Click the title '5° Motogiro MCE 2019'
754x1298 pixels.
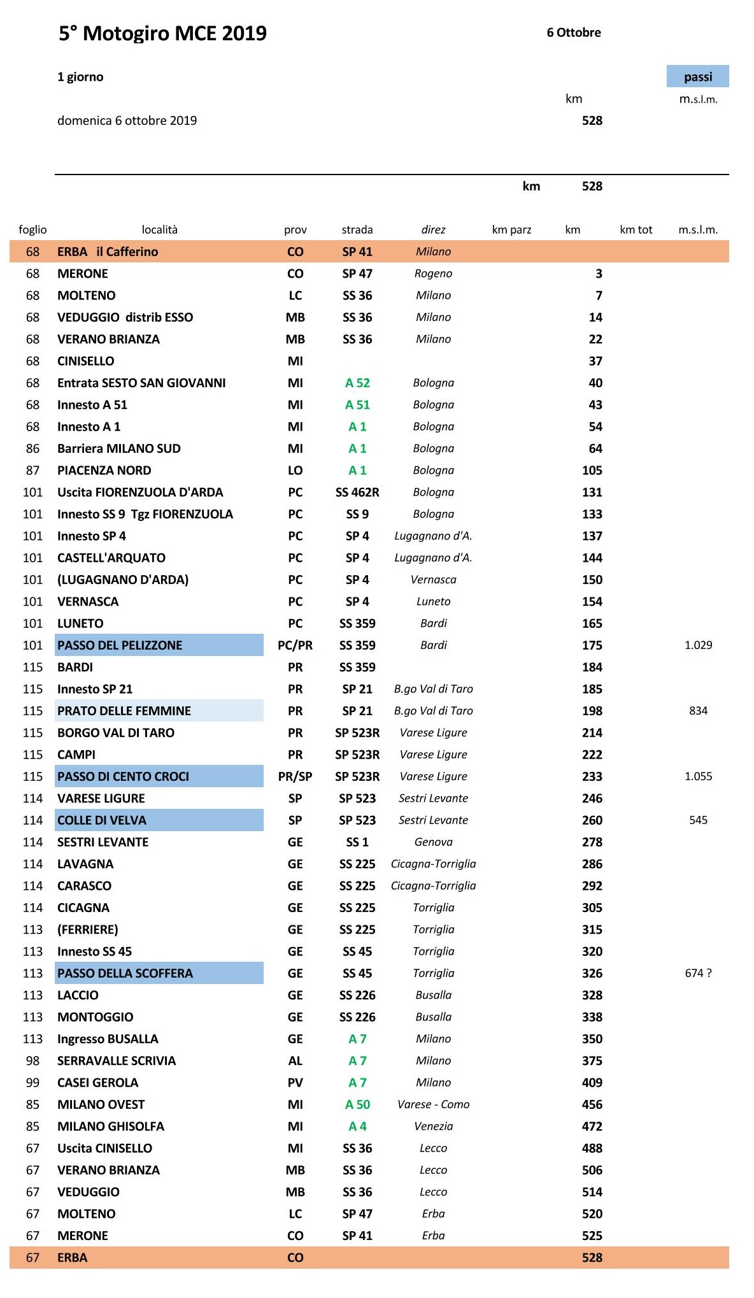[162, 33]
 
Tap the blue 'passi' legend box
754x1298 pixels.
[697, 76]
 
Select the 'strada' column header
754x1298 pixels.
[357, 230]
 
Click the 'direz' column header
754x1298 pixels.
[433, 230]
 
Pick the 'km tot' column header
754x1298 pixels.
[636, 230]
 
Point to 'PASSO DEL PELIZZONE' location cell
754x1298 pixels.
[159, 645]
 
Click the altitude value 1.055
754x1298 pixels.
[698, 776]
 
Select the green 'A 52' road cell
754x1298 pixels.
[357, 383]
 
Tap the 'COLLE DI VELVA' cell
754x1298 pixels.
[159, 820]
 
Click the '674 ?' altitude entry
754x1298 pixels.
[698, 973]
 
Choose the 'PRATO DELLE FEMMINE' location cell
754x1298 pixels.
[159, 711]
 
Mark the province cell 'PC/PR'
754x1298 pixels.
[295, 645]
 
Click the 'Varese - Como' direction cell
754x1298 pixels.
[433, 1104]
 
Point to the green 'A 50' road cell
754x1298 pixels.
[357, 1104]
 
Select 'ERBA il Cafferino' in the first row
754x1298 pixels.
[108, 252]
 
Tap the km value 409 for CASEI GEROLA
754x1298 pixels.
[592, 1083]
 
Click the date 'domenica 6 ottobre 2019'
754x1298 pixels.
[127, 120]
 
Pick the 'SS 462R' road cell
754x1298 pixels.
[357, 492]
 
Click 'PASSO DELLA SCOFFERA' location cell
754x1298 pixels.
[159, 973]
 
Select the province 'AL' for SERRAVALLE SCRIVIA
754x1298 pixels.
[295, 1060]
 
